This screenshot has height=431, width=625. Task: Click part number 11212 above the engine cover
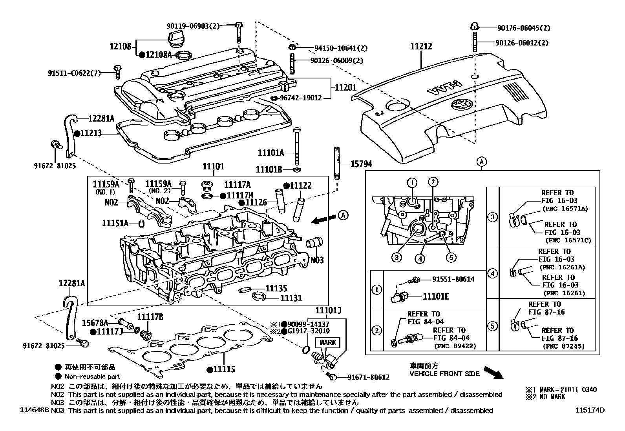421,46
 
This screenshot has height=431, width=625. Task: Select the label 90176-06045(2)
523,28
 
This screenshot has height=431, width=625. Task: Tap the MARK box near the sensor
327,342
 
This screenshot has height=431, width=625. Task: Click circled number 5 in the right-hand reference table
492,326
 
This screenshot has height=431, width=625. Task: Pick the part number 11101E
435,296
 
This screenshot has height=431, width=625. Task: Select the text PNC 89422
455,346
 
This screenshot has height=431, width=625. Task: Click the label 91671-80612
368,377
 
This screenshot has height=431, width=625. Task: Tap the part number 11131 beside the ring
291,298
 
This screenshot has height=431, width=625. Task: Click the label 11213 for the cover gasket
91,133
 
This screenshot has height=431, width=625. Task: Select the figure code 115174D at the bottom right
590,410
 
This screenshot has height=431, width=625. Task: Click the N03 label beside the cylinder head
317,260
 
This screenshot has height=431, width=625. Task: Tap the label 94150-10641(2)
340,48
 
